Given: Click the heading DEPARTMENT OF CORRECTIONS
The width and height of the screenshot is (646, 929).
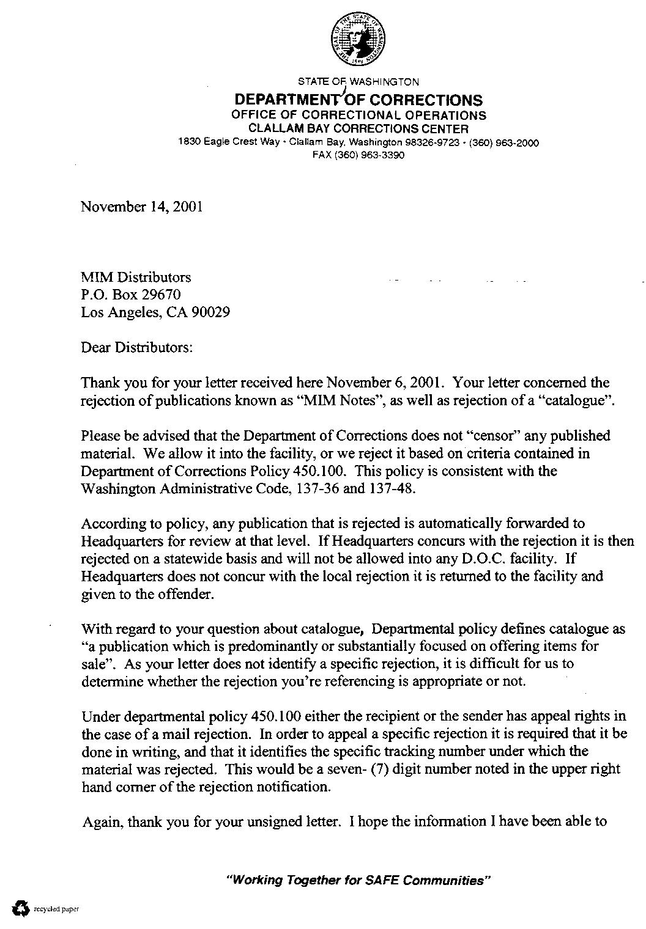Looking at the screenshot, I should tap(358, 100).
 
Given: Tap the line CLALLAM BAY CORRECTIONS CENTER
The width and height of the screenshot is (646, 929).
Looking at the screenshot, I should tap(358, 129).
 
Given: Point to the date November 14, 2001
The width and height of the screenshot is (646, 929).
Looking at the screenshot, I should tap(141, 207).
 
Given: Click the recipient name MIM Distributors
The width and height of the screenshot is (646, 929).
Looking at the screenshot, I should tap(136, 277).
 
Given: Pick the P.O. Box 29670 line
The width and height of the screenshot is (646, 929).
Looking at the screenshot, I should tap(131, 295).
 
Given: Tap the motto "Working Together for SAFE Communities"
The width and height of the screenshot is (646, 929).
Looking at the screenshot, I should tap(359, 881).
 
